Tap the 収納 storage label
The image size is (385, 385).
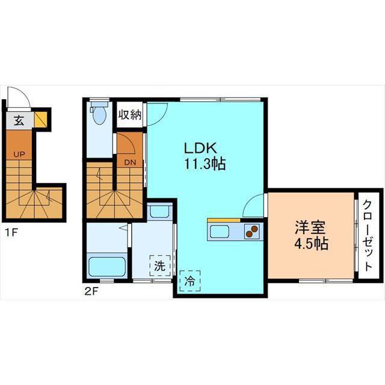[x=130, y=114]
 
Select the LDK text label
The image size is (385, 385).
[x=200, y=148]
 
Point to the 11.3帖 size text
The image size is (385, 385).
[x=205, y=164]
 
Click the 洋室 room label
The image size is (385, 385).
[x=310, y=227]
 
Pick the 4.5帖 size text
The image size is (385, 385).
[x=312, y=243]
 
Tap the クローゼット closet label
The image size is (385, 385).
[x=368, y=235]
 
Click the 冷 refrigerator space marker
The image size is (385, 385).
[x=190, y=281]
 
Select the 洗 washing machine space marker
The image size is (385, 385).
[x=160, y=265]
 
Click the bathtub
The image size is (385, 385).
[x=107, y=266]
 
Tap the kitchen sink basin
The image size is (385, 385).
[x=220, y=232]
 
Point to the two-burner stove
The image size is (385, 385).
[x=252, y=231]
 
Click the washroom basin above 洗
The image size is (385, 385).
[x=159, y=211]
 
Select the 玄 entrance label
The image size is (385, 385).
[x=19, y=120]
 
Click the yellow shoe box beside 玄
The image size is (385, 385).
[x=40, y=120]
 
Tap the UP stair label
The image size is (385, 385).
[x=19, y=155]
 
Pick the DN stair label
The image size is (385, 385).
[x=130, y=162]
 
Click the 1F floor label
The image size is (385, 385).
[x=11, y=232]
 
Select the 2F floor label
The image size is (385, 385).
[x=91, y=291]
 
